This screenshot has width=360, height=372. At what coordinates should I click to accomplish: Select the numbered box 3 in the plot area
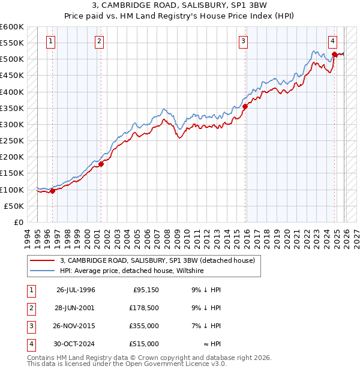243,41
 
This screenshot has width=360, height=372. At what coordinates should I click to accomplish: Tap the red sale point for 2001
101,164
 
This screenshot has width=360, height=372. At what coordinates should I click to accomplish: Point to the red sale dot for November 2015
245,107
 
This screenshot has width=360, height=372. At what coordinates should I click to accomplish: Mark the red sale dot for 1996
53,191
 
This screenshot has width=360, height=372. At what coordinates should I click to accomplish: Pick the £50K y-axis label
14,206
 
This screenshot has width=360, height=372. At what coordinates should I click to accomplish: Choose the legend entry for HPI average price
132,271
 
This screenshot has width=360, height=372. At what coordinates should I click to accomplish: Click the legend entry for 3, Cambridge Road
157,260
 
